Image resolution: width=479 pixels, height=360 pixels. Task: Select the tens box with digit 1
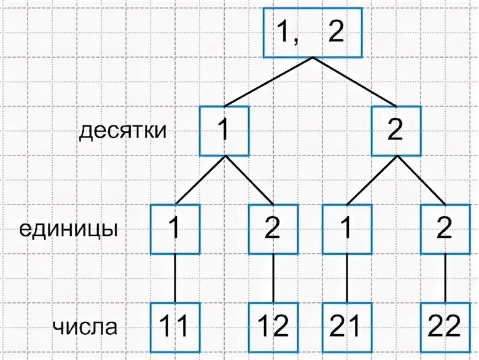coord(224,131)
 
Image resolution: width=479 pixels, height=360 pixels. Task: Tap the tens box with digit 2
coord(396,131)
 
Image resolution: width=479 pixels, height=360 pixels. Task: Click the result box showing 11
coord(175,327)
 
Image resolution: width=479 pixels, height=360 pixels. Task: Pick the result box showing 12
coord(273,327)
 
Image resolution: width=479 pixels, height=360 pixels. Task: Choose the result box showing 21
coord(347,327)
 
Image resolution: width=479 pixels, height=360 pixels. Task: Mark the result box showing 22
coord(445,327)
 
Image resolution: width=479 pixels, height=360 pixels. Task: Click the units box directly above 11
coord(175,229)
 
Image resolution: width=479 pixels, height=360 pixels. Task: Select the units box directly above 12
coord(273,229)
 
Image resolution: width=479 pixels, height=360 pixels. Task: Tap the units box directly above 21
coord(347,229)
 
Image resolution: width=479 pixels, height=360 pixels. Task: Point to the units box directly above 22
coord(445,229)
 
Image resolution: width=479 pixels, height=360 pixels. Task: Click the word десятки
coord(123,131)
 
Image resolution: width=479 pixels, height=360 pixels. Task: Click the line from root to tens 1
coord(268,82)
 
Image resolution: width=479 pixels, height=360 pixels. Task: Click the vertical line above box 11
coord(175,278)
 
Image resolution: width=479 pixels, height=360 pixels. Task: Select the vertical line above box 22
coord(445,278)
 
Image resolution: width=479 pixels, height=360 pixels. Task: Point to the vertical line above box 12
coord(273,278)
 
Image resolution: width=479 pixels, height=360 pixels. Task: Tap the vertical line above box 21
coord(347,278)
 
